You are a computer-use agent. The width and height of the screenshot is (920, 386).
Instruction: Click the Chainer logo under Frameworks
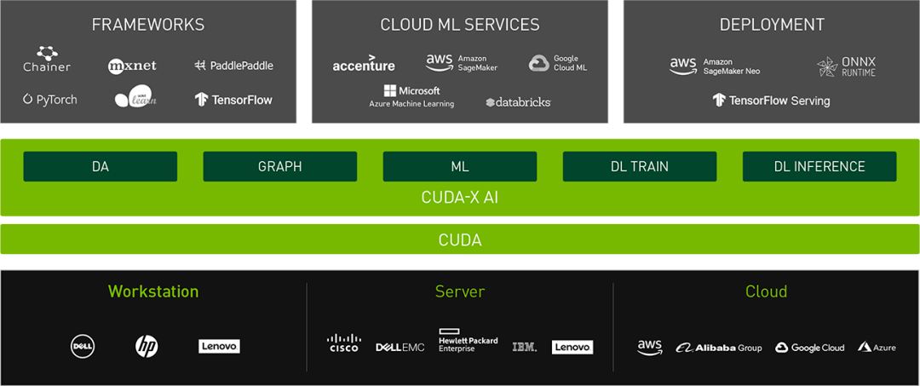coord(47,60)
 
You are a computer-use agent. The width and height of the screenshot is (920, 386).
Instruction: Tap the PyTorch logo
coord(50,100)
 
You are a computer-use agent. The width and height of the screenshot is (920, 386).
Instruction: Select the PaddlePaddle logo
coord(233,66)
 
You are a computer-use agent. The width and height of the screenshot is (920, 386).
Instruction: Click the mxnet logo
coord(132,66)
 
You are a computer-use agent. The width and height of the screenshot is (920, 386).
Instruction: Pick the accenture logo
coord(364,66)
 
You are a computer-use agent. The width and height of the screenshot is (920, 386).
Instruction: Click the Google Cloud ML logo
coord(558,63)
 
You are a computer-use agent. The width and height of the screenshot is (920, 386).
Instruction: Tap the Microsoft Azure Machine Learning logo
coord(411,96)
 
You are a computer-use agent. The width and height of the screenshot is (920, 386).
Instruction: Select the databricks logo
coord(518,102)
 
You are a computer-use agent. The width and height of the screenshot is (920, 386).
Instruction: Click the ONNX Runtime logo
coord(846,66)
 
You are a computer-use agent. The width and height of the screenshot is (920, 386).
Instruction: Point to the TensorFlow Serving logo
coord(771,101)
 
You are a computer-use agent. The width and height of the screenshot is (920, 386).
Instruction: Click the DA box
coord(101,166)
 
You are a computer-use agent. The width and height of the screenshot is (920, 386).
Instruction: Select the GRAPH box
coord(279,166)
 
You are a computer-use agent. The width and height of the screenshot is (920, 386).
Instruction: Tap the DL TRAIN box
coord(639,166)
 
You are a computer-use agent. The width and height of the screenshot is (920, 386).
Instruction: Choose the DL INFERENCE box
coord(819,166)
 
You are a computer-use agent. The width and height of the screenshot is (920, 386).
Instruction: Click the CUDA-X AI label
coord(460,198)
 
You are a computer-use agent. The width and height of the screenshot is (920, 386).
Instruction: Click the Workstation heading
coord(153,291)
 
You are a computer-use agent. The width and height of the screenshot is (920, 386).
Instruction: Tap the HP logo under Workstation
coord(147,346)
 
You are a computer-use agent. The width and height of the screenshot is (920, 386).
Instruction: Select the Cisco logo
coord(344,343)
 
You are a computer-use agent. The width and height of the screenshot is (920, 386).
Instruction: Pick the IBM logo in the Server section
coord(525,347)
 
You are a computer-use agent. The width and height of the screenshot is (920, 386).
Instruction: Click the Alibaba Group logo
coord(719,348)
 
